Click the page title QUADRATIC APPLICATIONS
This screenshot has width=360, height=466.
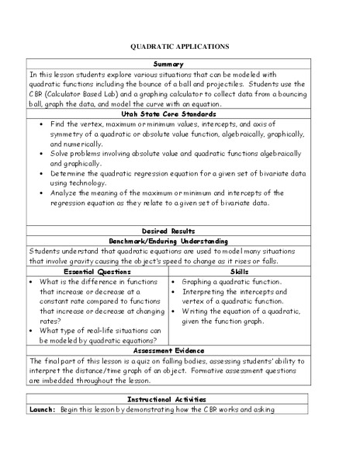(x=180, y=47)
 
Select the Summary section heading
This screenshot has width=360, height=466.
(x=180, y=64)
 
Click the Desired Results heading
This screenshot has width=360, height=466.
(x=180, y=231)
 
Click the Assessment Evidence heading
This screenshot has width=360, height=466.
(x=180, y=350)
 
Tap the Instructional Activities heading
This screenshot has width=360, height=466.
(x=180, y=398)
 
